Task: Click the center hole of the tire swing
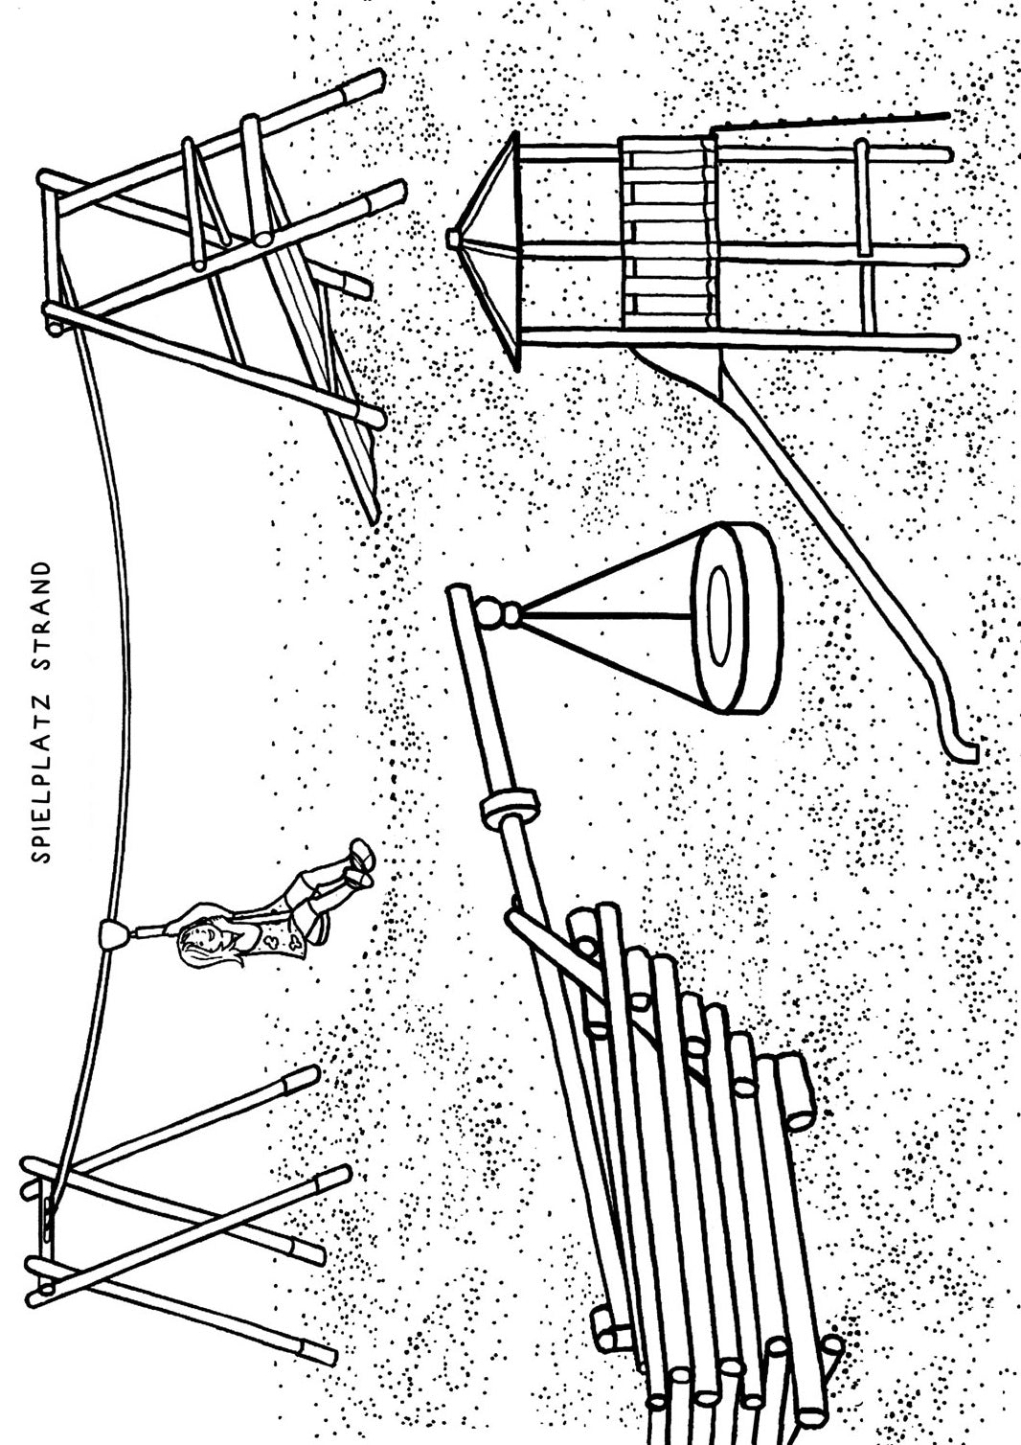coord(720,617)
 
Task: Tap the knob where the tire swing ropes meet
coord(497,613)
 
